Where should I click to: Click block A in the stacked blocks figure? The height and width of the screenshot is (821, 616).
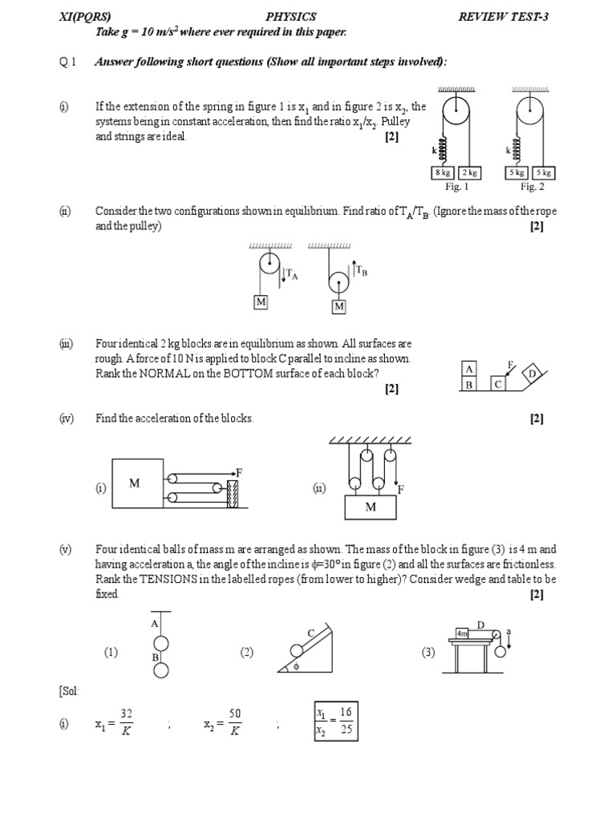(x=470, y=369)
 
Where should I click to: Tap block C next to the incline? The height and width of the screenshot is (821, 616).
(x=498, y=384)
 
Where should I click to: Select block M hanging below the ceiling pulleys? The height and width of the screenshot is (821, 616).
(x=371, y=507)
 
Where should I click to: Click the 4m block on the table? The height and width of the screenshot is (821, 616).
(x=463, y=633)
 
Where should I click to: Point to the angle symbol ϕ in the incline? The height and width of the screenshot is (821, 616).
(x=295, y=665)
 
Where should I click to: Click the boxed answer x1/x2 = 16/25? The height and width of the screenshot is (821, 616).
(x=335, y=721)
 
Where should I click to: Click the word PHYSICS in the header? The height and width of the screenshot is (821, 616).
(x=290, y=16)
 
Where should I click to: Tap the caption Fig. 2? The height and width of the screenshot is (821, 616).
(x=532, y=187)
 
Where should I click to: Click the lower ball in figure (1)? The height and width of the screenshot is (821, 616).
(x=161, y=669)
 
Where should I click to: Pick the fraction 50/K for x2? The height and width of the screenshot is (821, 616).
(x=235, y=722)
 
